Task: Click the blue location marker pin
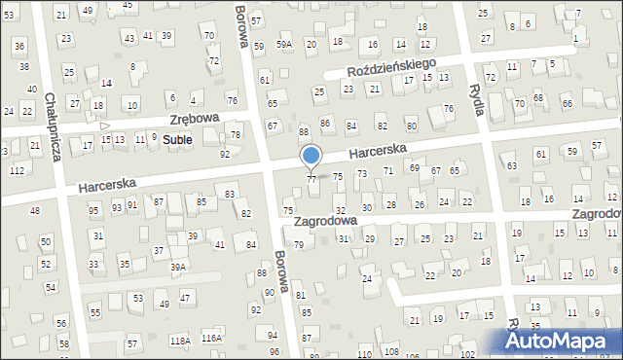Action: click(x=311, y=157)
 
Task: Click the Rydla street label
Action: click(x=478, y=95)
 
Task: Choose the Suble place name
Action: click(x=177, y=139)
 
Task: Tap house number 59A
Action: click(x=283, y=45)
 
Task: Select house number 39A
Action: click(x=177, y=267)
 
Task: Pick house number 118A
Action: click(x=180, y=340)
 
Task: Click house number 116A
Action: click(x=211, y=338)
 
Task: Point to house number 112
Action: click(x=17, y=170)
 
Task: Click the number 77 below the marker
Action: click(x=311, y=180)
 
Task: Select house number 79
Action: click(x=299, y=244)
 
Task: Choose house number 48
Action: click(x=35, y=210)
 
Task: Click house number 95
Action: click(x=93, y=210)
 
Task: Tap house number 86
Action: click(x=326, y=124)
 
